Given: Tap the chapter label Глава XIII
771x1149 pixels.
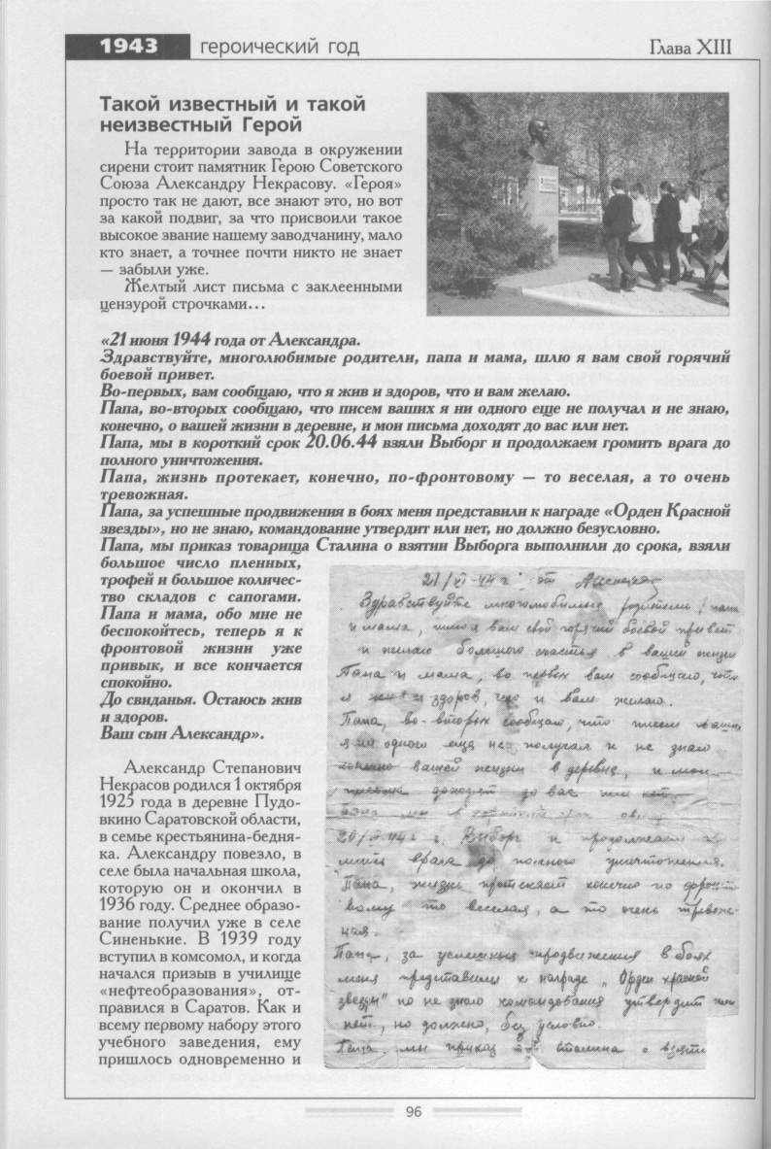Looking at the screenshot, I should (688, 47).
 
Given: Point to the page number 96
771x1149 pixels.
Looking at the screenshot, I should (414, 1111).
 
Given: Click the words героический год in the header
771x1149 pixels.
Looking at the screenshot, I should (278, 47).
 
